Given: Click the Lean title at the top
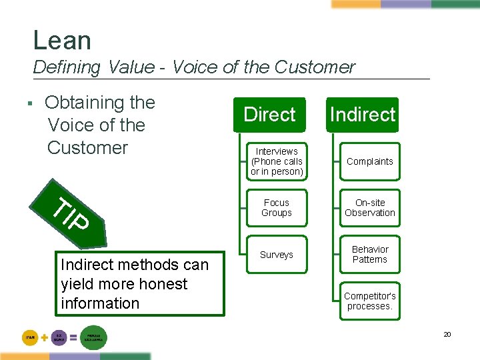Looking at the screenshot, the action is pos(62,41).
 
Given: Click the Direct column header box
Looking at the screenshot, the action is pos(269,115).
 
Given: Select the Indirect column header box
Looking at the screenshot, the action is pos(363,115).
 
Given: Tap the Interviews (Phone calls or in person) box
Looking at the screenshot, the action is pos(277,161).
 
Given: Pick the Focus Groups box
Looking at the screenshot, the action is pos(277,208).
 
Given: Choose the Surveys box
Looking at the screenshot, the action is pos(277,255).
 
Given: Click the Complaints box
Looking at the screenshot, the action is pos(370,161).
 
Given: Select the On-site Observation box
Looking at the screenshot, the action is pos(370,208).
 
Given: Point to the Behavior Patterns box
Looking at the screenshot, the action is pos(370,255).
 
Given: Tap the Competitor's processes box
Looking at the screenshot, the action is pos(370,301).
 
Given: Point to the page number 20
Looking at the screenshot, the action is pos(447,334).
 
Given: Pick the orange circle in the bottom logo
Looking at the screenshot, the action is pos(31,338).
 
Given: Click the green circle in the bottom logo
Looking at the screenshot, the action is pos(93,338).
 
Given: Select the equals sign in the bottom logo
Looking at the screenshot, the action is pos(73,338).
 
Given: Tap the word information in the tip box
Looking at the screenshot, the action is pos(100,303).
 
